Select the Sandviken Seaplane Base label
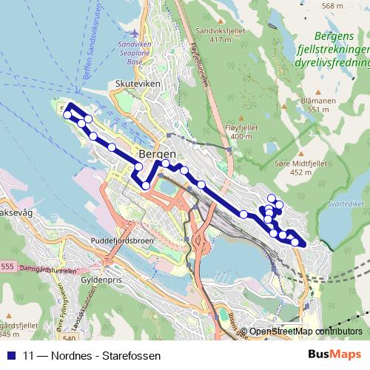(135, 53)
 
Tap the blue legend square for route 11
(10, 356)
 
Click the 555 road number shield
(7, 266)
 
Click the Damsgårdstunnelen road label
(49, 269)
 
